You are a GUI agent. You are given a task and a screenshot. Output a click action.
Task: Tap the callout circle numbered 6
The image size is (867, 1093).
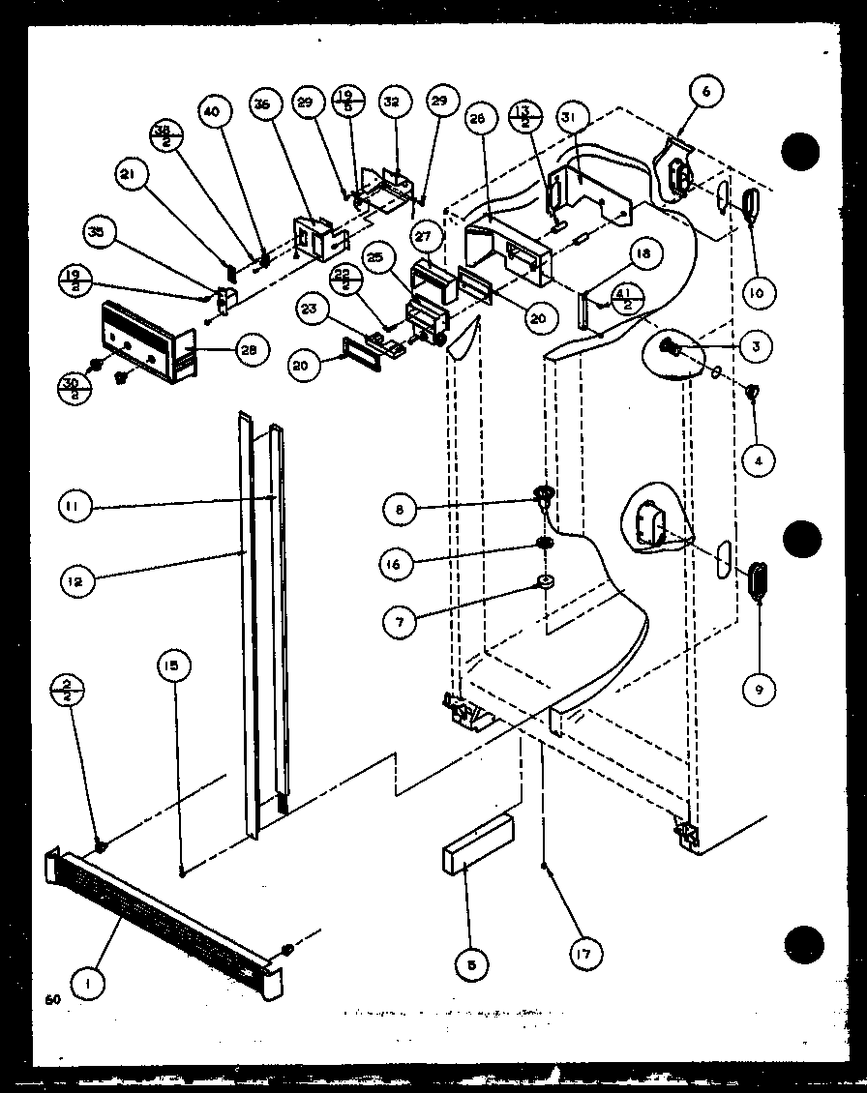pos(705,92)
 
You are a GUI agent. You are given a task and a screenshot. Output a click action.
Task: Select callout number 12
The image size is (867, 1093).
pos(75,580)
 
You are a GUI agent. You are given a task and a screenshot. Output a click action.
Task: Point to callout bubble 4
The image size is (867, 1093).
pos(758,460)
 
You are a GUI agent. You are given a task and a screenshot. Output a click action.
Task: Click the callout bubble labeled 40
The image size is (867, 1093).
pos(213,111)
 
